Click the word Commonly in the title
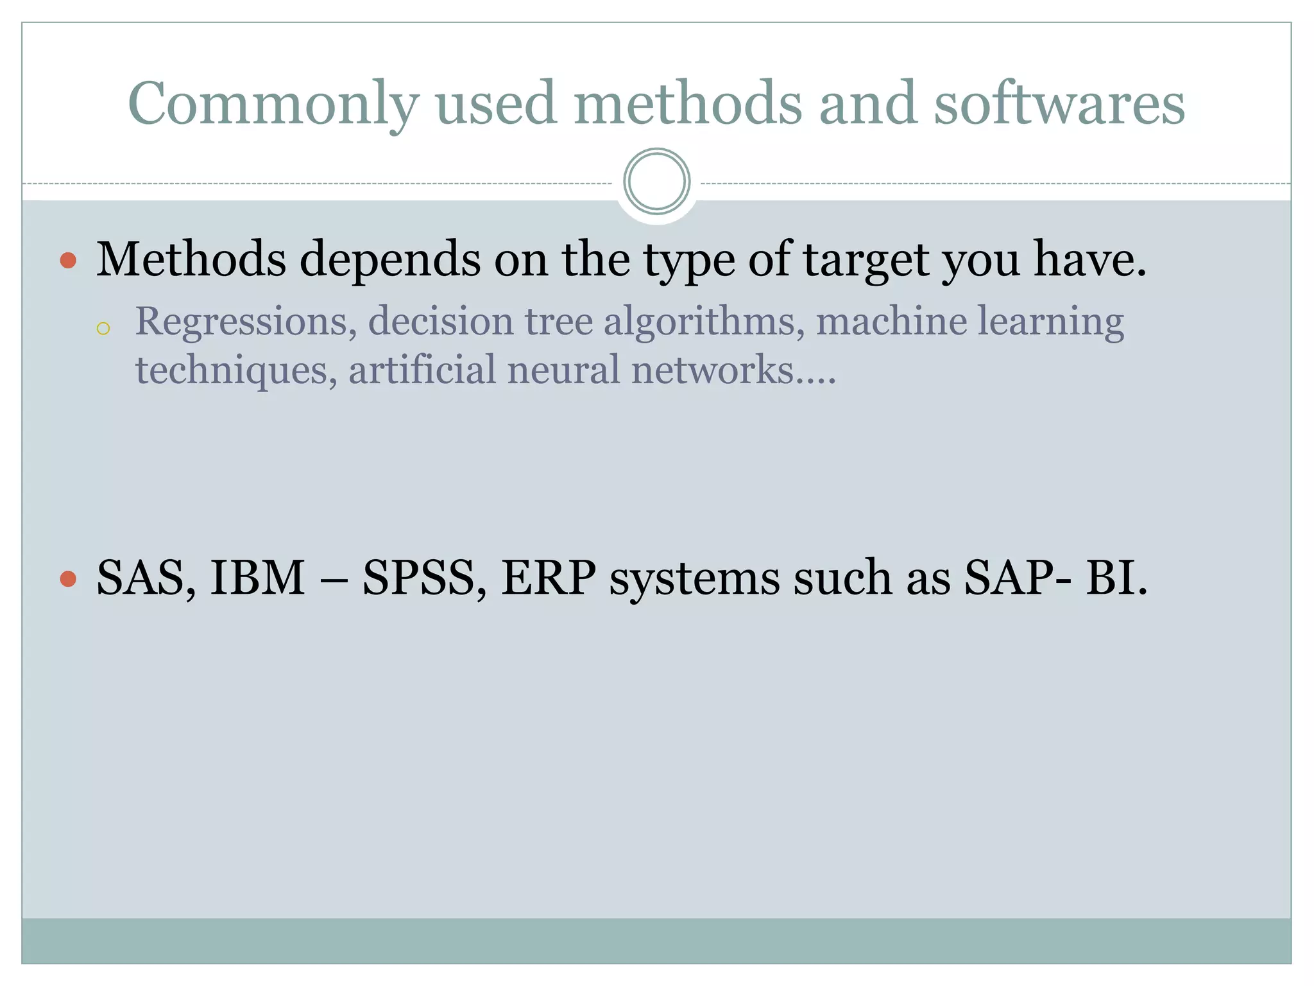pyautogui.click(x=273, y=104)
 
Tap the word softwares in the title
pyautogui.click(x=1059, y=104)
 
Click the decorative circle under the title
pyautogui.click(x=656, y=182)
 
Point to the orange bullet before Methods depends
pyautogui.click(x=68, y=261)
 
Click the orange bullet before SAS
pyautogui.click(x=68, y=579)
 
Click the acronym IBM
pyautogui.click(x=257, y=578)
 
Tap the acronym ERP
pyautogui.click(x=549, y=578)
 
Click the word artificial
pyautogui.click(x=422, y=370)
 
